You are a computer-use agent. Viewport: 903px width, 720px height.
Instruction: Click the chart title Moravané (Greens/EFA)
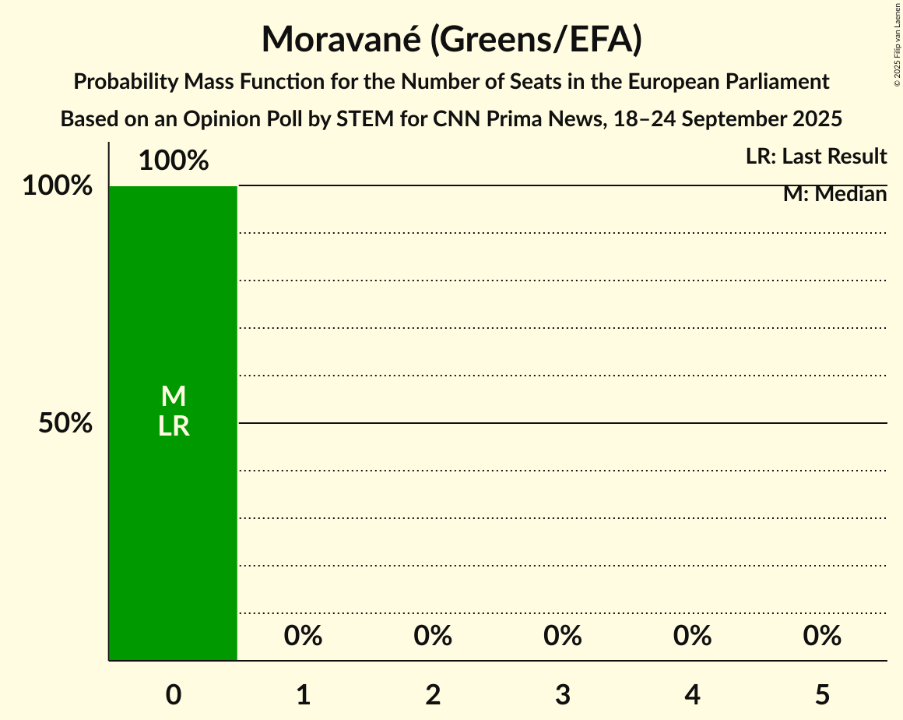451,39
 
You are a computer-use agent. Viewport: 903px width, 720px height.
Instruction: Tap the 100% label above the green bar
174,161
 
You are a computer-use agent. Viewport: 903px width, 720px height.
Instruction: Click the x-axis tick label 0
174,694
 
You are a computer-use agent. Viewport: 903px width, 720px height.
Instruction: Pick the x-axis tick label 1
304,694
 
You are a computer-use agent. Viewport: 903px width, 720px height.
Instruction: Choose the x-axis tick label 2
433,694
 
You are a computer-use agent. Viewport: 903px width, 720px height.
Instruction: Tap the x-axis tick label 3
563,694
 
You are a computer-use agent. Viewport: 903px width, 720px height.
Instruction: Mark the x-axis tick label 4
693,694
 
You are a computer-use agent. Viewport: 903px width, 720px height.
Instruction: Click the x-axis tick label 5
822,694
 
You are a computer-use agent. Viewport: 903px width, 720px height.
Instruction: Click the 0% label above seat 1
304,636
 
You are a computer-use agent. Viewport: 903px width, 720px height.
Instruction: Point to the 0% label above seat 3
563,636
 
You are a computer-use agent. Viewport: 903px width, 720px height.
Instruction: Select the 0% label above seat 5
822,636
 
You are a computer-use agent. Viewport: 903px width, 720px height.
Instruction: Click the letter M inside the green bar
174,397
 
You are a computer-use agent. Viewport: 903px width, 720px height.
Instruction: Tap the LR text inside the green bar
174,426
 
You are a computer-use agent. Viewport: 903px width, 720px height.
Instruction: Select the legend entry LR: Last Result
816,157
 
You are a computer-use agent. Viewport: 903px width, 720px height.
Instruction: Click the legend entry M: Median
834,194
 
